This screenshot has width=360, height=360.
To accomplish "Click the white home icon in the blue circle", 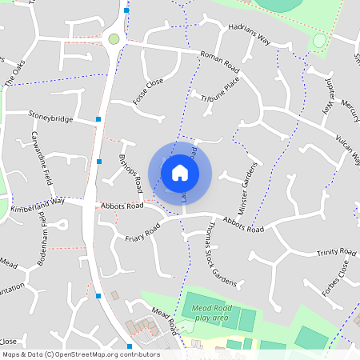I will pos(180,172).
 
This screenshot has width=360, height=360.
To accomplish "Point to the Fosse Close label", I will pos(148,92).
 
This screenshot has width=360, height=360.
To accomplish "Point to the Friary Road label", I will pos(142,232).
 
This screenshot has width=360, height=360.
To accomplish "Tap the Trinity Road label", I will pos(335,253).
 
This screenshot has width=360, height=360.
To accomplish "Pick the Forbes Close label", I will pos(336,277).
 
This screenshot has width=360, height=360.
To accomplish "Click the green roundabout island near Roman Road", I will pos(114,38).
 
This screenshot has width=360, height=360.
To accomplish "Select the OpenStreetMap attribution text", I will pos(80,354).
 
